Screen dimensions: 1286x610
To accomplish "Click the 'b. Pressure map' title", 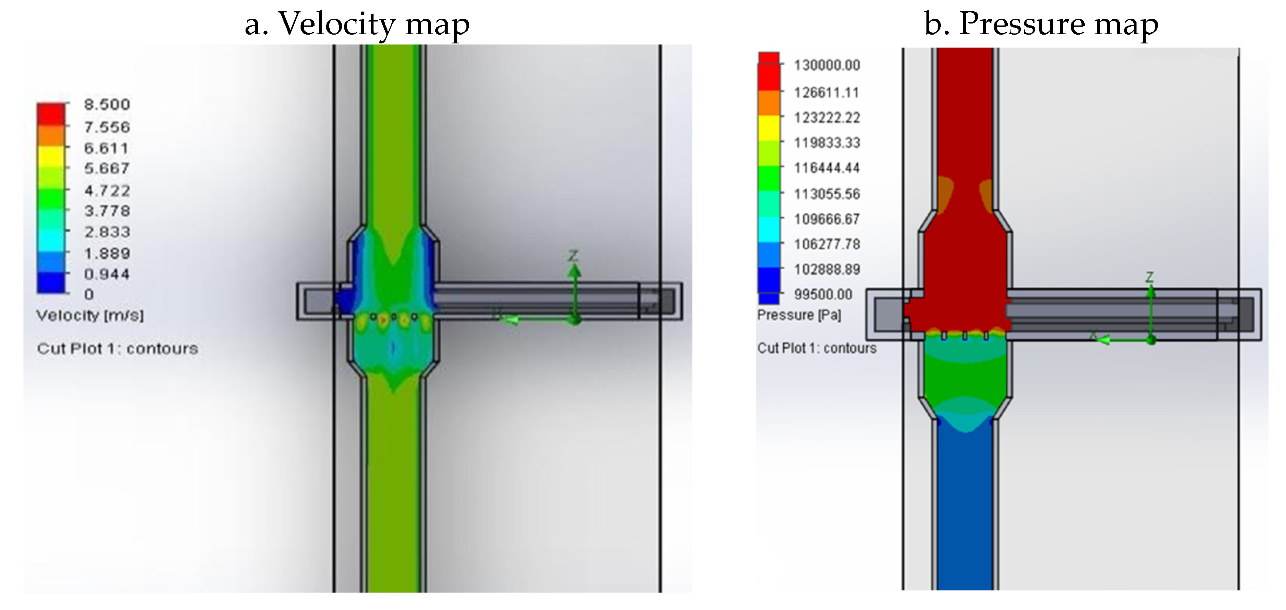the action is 1041,24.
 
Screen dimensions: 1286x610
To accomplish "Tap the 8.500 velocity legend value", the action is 107,104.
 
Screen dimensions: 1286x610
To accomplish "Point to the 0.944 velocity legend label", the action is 107,274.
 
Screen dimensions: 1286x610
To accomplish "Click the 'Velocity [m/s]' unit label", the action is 90,315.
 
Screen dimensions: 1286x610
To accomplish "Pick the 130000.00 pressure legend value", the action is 827,65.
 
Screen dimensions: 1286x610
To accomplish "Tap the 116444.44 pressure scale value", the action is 827,168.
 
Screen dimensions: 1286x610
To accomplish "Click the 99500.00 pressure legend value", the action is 823,294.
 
